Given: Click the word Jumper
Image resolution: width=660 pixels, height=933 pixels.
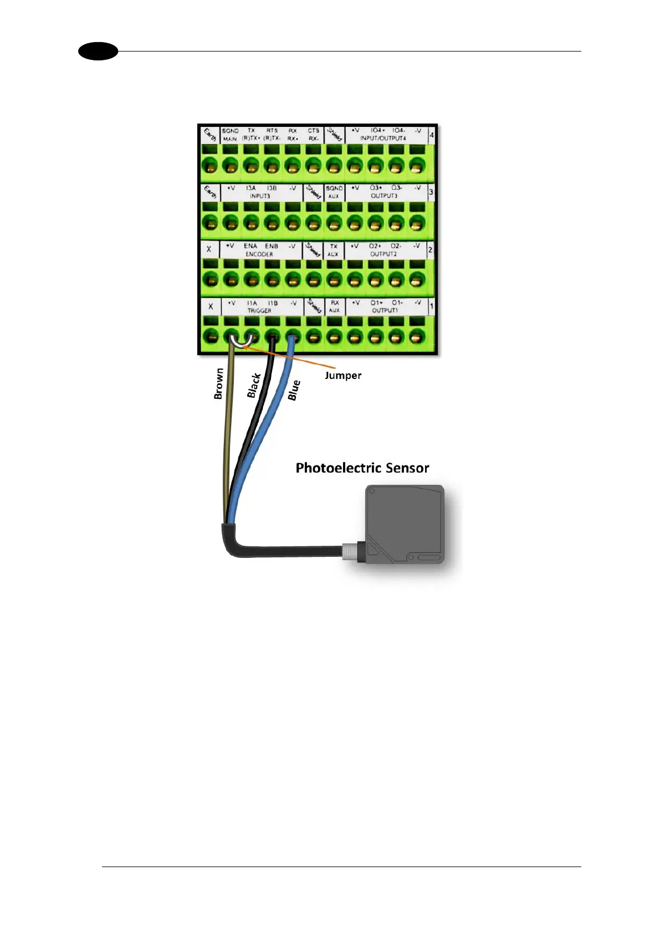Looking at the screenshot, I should [x=342, y=376].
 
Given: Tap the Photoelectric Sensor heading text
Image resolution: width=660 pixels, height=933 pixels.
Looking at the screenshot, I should [x=362, y=468].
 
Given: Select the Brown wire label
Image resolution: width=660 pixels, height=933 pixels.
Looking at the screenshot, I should [x=219, y=383].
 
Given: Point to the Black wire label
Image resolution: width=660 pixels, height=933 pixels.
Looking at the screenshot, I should [x=254, y=386].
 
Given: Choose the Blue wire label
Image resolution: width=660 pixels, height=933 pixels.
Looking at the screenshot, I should [x=294, y=390].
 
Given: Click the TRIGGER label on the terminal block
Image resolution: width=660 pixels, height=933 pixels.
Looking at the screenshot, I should [x=259, y=311].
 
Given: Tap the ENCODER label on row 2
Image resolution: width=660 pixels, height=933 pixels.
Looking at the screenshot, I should [x=259, y=254].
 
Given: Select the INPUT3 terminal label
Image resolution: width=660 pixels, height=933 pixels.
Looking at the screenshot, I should [x=259, y=196].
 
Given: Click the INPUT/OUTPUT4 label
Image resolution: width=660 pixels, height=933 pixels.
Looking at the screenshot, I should [x=383, y=138].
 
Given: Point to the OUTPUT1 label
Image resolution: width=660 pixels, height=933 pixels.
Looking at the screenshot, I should [x=385, y=311].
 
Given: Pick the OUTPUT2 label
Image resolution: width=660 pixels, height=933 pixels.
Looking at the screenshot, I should [x=383, y=254].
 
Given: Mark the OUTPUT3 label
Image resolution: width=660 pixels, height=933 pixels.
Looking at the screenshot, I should [x=383, y=196].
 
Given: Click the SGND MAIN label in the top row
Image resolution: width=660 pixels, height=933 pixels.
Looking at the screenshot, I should [x=230, y=135].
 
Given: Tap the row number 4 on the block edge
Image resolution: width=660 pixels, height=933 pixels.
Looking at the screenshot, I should [x=432, y=135].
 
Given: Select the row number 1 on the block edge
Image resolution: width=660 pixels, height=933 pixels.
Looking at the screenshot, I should [x=432, y=306].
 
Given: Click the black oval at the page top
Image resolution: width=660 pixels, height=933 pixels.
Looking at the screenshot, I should [x=98, y=52].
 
